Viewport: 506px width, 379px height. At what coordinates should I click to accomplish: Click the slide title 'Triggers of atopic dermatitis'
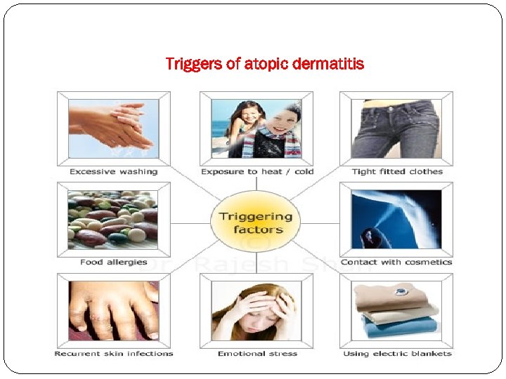[x=264, y=65]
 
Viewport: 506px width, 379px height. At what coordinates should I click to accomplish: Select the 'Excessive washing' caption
[x=114, y=171]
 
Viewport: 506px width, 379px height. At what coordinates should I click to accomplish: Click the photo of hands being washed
[x=114, y=128]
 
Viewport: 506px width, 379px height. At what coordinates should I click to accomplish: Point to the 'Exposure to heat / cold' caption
[x=257, y=171]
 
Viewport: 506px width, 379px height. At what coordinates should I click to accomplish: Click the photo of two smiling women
[x=256, y=128]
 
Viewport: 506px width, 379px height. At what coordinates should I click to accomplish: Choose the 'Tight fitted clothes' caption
[x=397, y=171]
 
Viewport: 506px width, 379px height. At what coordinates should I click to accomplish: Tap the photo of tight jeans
[x=396, y=128]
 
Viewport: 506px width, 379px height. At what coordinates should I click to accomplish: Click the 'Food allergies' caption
[x=114, y=262]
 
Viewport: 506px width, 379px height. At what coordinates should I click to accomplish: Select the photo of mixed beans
[x=113, y=219]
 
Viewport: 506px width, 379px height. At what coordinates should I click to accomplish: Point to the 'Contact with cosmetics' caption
[x=396, y=262]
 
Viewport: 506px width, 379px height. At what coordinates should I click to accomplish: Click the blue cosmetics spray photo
[x=396, y=219]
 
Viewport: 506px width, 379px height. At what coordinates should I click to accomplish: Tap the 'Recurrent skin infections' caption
[x=114, y=353]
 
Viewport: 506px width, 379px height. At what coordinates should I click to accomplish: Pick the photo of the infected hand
[x=114, y=310]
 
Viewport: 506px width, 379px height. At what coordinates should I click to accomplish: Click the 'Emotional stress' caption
[x=257, y=353]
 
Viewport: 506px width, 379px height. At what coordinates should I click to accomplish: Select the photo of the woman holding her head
[x=256, y=310]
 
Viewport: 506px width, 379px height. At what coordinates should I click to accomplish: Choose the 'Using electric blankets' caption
[x=397, y=353]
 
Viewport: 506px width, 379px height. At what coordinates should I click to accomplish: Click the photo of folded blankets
[x=396, y=310]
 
